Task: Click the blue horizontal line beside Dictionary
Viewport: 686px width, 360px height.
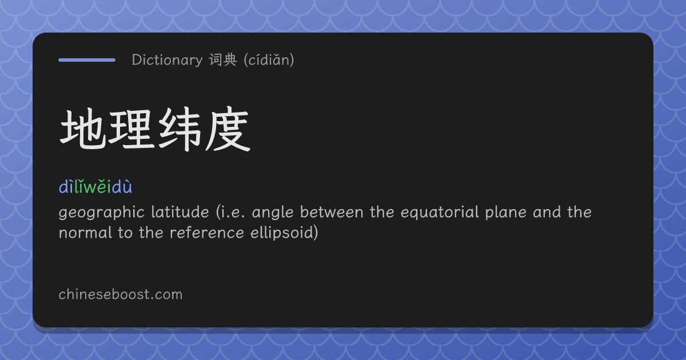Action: (x=87, y=60)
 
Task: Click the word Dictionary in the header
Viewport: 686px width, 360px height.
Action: (x=167, y=61)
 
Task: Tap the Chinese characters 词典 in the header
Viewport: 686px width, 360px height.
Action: (x=224, y=60)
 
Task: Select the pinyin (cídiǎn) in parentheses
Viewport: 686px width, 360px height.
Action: (x=269, y=60)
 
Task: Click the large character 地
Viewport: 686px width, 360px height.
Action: (x=83, y=130)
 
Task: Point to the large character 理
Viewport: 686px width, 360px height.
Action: (x=131, y=130)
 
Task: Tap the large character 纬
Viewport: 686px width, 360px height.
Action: (x=180, y=130)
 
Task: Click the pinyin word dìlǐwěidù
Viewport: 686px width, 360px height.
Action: (x=95, y=186)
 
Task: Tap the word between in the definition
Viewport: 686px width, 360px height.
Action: (x=332, y=212)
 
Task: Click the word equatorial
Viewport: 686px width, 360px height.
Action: (x=440, y=213)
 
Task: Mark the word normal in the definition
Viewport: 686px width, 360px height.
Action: (x=85, y=233)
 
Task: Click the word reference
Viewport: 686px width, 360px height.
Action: (x=207, y=233)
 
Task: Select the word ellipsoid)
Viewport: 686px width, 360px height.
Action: (x=284, y=233)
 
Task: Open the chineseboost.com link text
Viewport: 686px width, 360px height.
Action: (x=121, y=294)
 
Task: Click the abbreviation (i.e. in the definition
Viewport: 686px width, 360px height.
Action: (x=230, y=212)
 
